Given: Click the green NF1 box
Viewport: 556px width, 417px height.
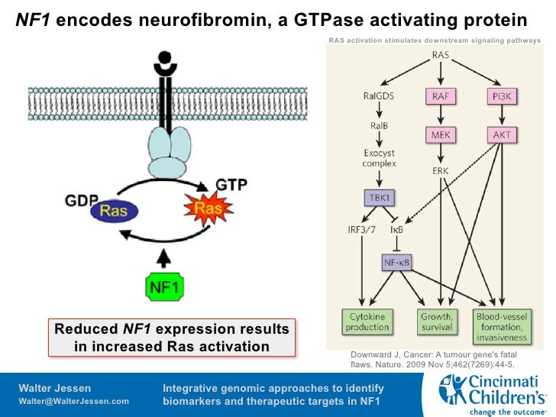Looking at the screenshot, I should (166, 287).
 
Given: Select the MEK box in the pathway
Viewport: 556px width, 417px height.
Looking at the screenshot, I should (440, 135).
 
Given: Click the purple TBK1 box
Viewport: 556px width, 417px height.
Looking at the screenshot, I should (379, 197).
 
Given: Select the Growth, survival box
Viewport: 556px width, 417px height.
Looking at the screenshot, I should (436, 322).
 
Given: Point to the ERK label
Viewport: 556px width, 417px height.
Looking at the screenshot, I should (440, 170).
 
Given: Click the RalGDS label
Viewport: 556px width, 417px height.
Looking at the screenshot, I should (379, 96).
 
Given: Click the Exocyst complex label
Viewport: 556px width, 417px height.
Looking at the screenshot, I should (379, 158).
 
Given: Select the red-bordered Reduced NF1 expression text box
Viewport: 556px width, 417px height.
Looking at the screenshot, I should (171, 338).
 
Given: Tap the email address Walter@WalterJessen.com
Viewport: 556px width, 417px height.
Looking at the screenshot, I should (73, 402).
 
